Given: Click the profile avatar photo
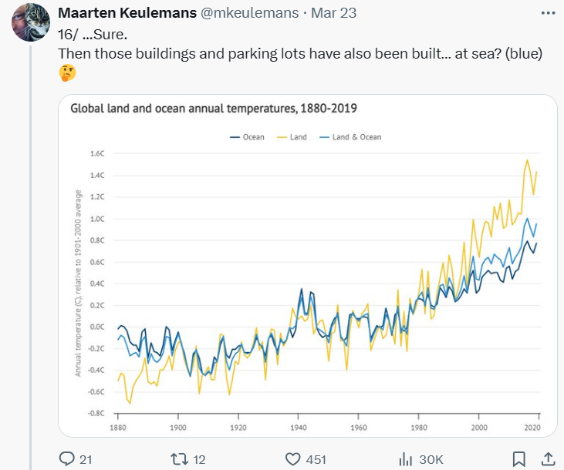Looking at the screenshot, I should coord(30,21).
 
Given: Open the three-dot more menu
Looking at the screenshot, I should coord(547,14).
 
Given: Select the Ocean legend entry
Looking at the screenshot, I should coord(248,137).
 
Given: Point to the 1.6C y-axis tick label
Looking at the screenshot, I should coord(97,154).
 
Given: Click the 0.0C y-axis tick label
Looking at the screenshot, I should coord(97,327).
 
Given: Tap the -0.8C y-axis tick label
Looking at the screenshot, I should coord(96,413).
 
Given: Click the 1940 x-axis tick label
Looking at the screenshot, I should coord(299,427).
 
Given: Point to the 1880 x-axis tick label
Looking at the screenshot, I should coord(118,427).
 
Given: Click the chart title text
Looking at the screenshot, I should coord(213,109).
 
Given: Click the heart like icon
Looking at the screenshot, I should coord(292,459).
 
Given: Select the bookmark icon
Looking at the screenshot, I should coord(520,459).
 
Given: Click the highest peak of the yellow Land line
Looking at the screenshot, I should coord(528,160).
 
